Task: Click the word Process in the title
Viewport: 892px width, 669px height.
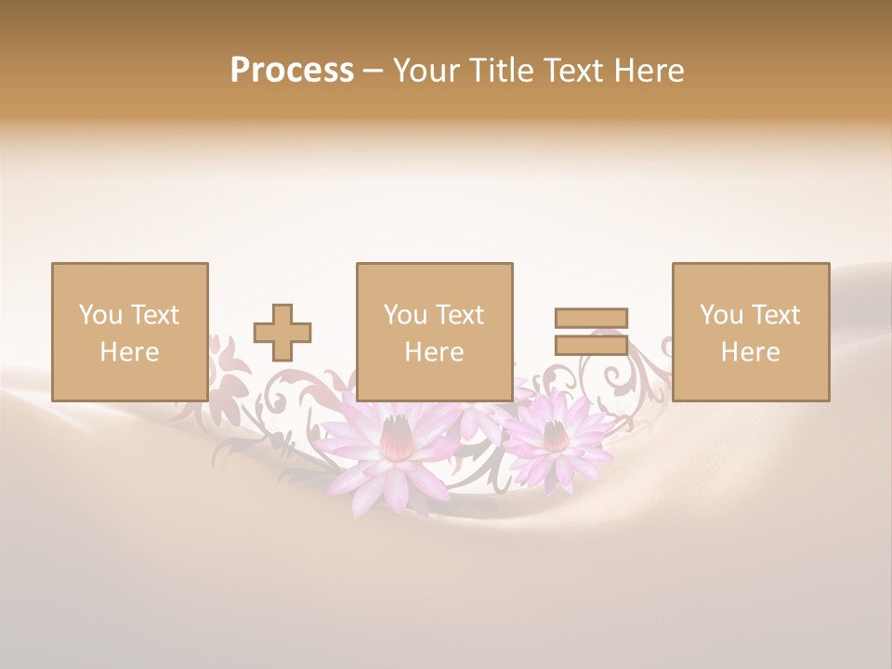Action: tap(292, 71)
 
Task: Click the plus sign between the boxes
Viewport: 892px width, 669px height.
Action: tap(282, 333)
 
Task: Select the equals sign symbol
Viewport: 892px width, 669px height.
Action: tap(591, 332)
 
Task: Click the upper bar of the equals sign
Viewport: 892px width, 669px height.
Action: tap(591, 318)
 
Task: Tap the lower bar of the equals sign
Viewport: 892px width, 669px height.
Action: tap(591, 345)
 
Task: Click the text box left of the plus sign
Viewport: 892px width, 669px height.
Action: tap(130, 332)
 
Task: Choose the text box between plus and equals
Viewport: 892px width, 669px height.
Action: tap(435, 332)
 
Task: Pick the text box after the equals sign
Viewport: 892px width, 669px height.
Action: tap(751, 332)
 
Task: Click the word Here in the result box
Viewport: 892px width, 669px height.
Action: tap(751, 352)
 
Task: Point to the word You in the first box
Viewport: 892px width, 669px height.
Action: tap(100, 315)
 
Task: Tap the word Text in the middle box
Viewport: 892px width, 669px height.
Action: tap(460, 315)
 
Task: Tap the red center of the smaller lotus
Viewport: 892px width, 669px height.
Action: tap(556, 435)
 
